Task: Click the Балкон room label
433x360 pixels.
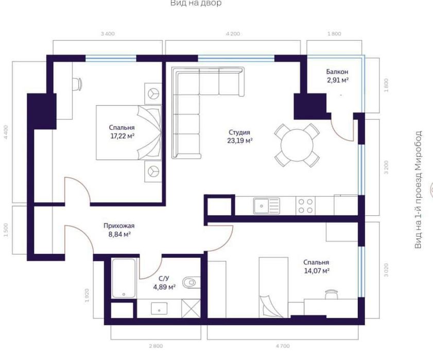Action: tap(337, 72)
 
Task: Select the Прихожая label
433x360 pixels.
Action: tap(118, 226)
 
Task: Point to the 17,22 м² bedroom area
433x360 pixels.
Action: tap(122, 136)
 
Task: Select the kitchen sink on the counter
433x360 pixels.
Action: tap(266, 206)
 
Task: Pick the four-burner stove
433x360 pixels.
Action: tap(305, 206)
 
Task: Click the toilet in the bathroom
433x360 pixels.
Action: tap(192, 282)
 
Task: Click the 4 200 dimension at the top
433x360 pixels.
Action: tap(233, 34)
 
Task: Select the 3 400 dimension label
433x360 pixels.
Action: tap(107, 34)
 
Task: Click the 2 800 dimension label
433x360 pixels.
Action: tap(156, 346)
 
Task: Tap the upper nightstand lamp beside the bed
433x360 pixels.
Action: tap(153, 93)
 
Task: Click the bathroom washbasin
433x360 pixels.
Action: tap(160, 309)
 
